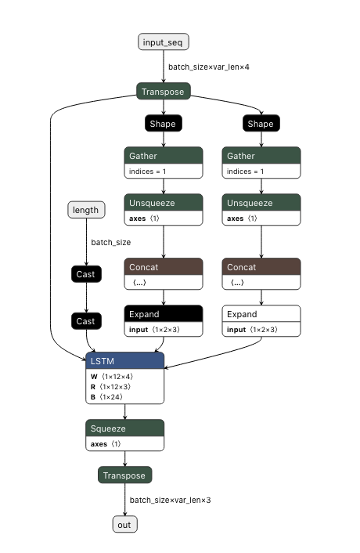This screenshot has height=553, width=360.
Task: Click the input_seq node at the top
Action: click(x=164, y=42)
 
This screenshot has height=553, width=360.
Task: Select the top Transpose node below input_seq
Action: click(x=164, y=92)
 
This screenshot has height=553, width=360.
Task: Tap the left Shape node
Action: click(x=163, y=124)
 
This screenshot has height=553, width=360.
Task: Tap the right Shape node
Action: click(x=261, y=124)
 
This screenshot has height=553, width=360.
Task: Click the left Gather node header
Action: click(x=163, y=156)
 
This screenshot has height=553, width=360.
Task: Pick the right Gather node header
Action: click(x=261, y=156)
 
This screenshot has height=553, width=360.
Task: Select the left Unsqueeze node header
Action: click(x=163, y=203)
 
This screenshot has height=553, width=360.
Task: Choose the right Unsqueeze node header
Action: click(x=261, y=203)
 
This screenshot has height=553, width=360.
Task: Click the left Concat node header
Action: click(x=163, y=267)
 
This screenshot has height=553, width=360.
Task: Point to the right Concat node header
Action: click(x=261, y=267)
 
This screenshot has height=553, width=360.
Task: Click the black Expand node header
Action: click(x=163, y=314)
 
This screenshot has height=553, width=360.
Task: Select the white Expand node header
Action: click(x=261, y=314)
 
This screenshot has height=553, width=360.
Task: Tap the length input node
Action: click(x=85, y=210)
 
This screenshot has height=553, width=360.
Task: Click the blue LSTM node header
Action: click(x=124, y=361)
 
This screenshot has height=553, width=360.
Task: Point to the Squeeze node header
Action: click(x=124, y=428)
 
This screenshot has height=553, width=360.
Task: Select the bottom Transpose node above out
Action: click(x=124, y=475)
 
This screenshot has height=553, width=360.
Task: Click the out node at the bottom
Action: click(x=124, y=525)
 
